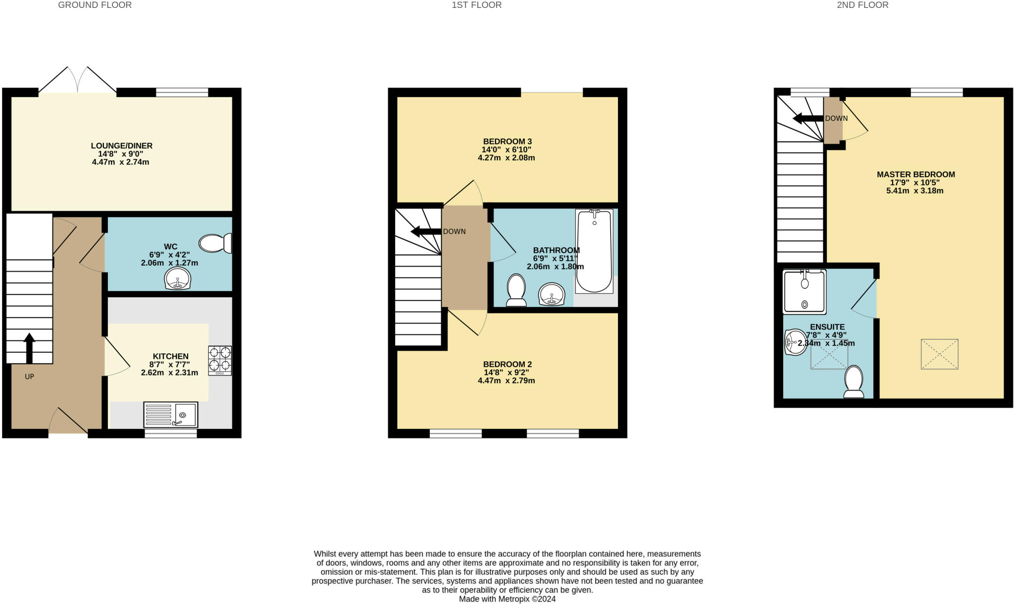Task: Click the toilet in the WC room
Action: [215, 243]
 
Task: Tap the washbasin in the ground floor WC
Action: [178, 279]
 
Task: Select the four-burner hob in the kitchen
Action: [220, 360]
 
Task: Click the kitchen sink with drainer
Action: [170, 415]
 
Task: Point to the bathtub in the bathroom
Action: [594, 251]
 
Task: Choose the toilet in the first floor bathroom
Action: [516, 290]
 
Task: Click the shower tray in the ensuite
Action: [805, 292]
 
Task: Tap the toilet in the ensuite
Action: [854, 381]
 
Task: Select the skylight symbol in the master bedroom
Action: [939, 354]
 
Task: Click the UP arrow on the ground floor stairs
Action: [29, 348]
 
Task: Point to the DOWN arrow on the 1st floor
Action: [426, 231]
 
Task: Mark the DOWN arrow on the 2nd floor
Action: [808, 119]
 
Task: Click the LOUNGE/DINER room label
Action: [121, 146]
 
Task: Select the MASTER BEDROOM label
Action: [915, 174]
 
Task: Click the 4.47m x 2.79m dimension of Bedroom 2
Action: [506, 380]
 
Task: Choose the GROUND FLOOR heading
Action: [95, 5]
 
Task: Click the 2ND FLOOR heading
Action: [862, 5]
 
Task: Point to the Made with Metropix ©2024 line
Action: [507, 599]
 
